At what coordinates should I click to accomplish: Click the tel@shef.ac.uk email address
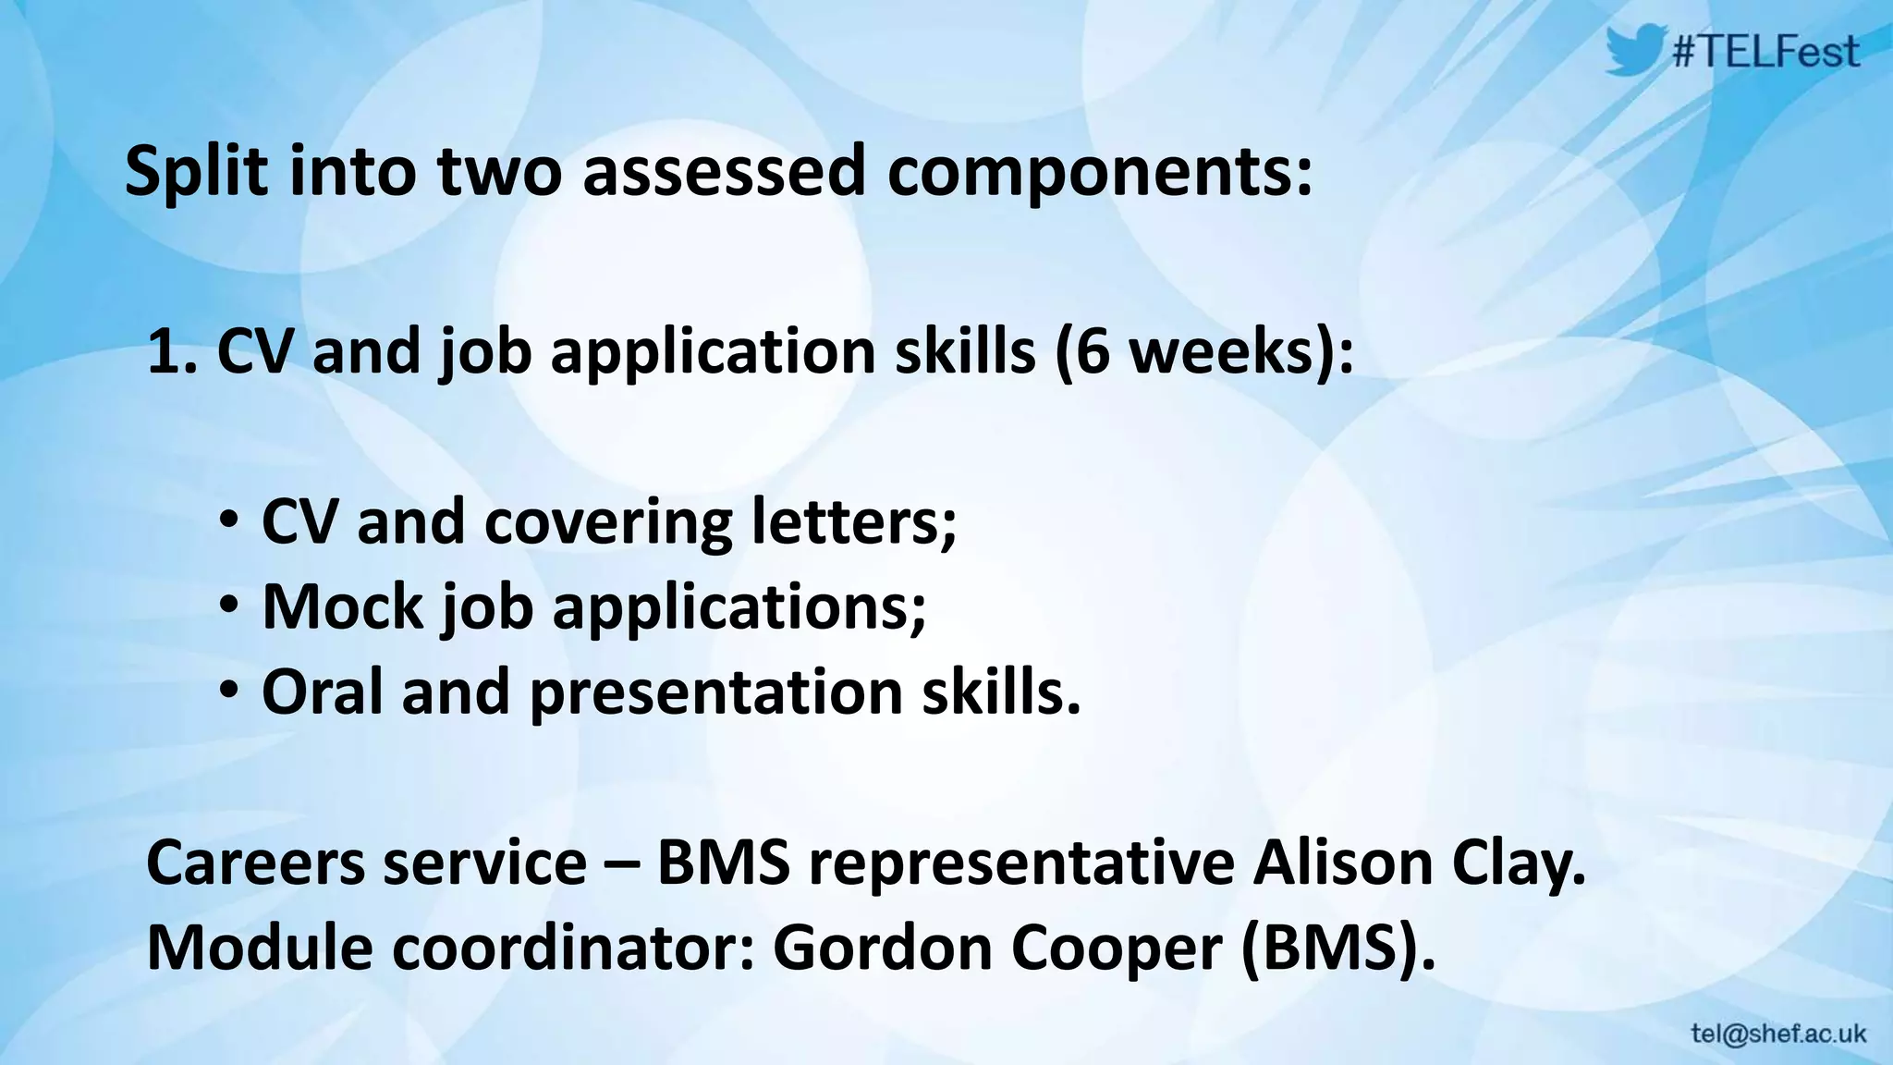coord(1778,1034)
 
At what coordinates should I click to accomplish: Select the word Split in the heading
coord(196,172)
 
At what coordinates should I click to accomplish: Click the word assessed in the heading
coord(725,172)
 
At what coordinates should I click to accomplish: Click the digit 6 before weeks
coord(1092,352)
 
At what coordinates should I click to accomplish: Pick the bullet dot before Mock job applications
coord(228,606)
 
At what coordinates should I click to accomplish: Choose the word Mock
coord(342,606)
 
